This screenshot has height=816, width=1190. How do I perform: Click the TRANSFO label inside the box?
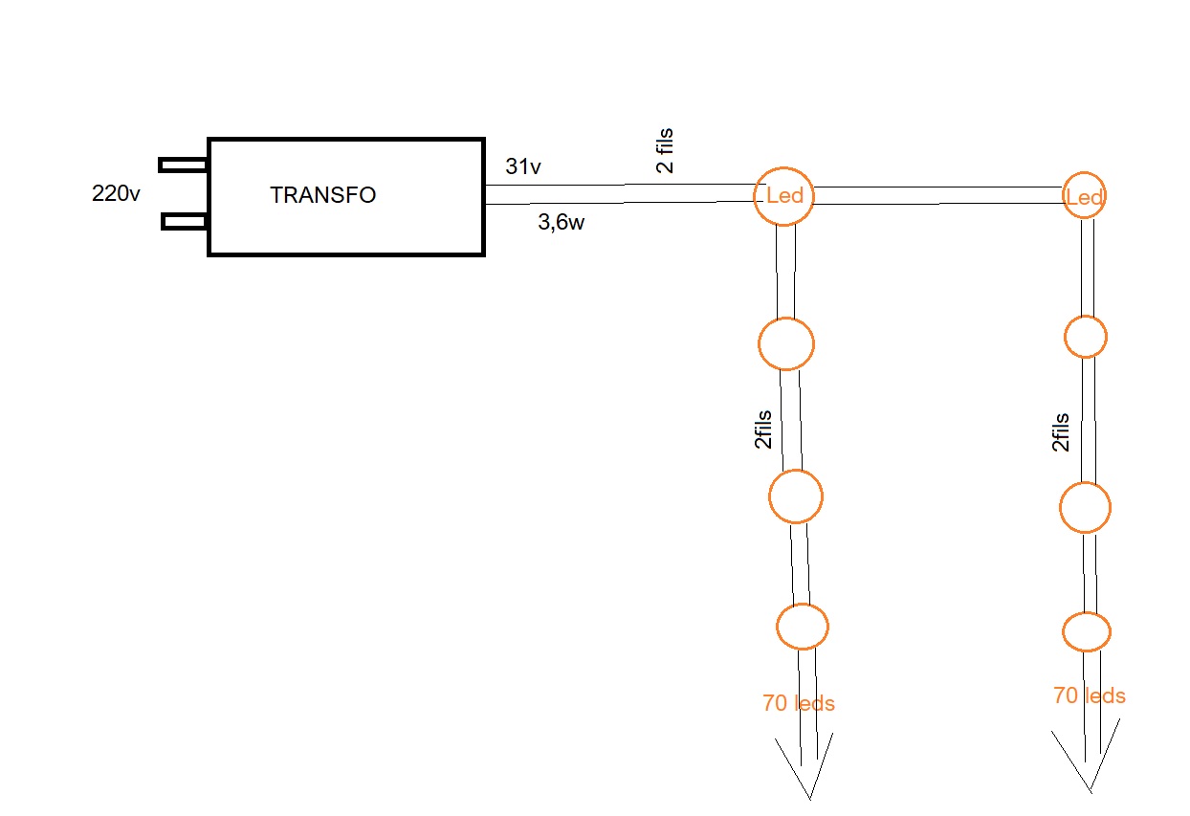pos(322,195)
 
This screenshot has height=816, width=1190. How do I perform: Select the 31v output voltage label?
pos(523,166)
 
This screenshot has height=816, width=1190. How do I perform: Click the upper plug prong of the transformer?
pos(184,165)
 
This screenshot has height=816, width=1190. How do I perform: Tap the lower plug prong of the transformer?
pos(186,222)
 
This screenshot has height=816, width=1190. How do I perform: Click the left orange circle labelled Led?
pos(783,196)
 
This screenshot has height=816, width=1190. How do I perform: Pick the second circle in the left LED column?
pos(786,343)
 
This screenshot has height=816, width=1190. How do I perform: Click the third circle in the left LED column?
pos(796,496)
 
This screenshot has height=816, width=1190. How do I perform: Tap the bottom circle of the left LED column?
pos(802,627)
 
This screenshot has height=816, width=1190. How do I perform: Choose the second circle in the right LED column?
pos(1086,336)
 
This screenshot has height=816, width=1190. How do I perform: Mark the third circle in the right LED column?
pos(1085,508)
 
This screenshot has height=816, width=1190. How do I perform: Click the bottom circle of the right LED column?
pos(1087,632)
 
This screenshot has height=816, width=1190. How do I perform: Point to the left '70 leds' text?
pos(799,704)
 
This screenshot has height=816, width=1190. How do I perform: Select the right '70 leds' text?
pos(1089,696)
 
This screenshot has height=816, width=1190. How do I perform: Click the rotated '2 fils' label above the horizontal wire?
pos(664,151)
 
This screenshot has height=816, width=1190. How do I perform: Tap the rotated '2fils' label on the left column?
pos(762,430)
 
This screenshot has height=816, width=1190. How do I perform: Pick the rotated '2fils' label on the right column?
pos(1060,432)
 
